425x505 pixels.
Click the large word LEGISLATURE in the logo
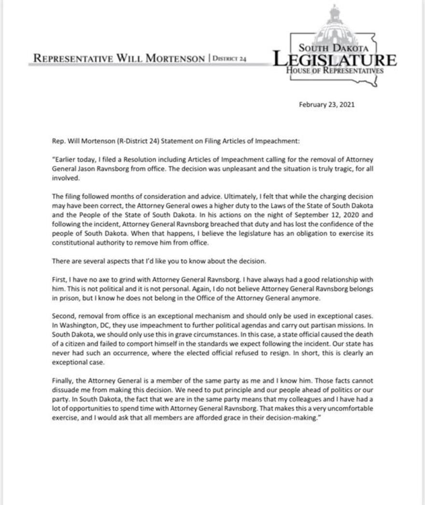pos(335,60)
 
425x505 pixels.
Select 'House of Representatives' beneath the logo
pos(335,71)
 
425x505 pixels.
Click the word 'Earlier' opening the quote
pos(66,159)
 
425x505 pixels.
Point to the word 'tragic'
pos(344,168)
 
